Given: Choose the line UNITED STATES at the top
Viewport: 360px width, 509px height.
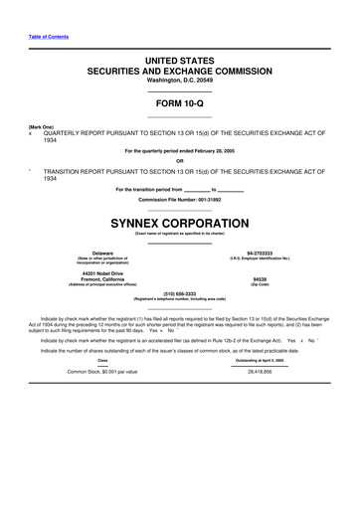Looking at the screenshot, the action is pos(179,61).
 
